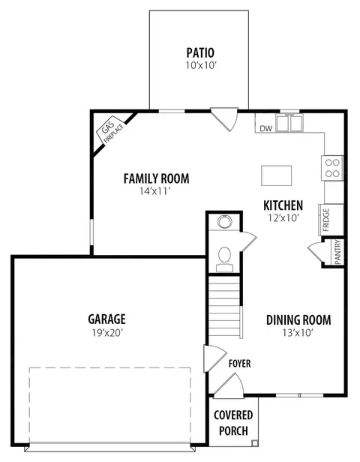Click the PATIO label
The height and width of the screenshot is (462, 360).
pos(200,53)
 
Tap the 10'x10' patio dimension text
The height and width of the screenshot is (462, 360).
pos(201,65)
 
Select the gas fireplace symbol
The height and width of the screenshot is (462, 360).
pos(110,130)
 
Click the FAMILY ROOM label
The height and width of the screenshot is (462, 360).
pos(157,178)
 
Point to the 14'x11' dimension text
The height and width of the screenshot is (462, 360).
pos(155,191)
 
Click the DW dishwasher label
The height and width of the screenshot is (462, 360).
pos(266,128)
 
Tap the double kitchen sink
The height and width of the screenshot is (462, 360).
pos(289,123)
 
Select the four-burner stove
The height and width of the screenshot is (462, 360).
pos(332,168)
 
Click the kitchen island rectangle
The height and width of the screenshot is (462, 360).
pos(276,175)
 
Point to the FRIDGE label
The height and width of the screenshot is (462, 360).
pos(326,220)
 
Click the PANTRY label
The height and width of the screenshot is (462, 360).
pos(337,252)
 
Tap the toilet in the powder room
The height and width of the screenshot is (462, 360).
pos(225,259)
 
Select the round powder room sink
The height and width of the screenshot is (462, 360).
pos(225,221)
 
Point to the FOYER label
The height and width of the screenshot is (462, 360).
pos(240,364)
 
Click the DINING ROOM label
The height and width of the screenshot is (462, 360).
pos(298,320)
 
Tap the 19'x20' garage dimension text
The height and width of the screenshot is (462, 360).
pos(107,333)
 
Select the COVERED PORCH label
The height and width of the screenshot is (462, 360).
pos(233,423)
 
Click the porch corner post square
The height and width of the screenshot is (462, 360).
pos(254,442)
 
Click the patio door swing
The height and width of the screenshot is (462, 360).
pos(224,119)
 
